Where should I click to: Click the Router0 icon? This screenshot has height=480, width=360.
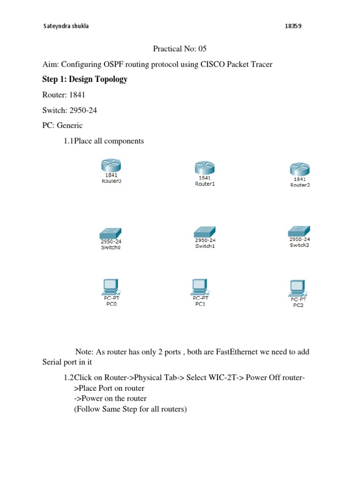(111, 165)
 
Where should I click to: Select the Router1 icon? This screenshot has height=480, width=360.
(204, 167)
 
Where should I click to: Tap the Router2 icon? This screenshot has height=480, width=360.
(300, 169)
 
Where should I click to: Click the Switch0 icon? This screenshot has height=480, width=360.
(111, 233)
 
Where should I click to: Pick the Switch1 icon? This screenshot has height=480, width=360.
(205, 232)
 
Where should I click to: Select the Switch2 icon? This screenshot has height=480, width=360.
(300, 231)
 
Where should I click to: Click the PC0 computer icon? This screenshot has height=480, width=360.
(110, 285)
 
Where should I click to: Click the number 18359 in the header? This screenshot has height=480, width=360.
(293, 26)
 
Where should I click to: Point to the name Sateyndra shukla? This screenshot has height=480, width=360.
(66, 26)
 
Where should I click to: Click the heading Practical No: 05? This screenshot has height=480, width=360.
(180, 49)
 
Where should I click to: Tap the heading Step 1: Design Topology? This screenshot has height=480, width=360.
(85, 79)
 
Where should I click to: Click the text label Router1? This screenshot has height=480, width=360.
(204, 184)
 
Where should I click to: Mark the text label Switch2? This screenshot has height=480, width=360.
(300, 245)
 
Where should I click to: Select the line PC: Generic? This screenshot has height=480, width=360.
(62, 125)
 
